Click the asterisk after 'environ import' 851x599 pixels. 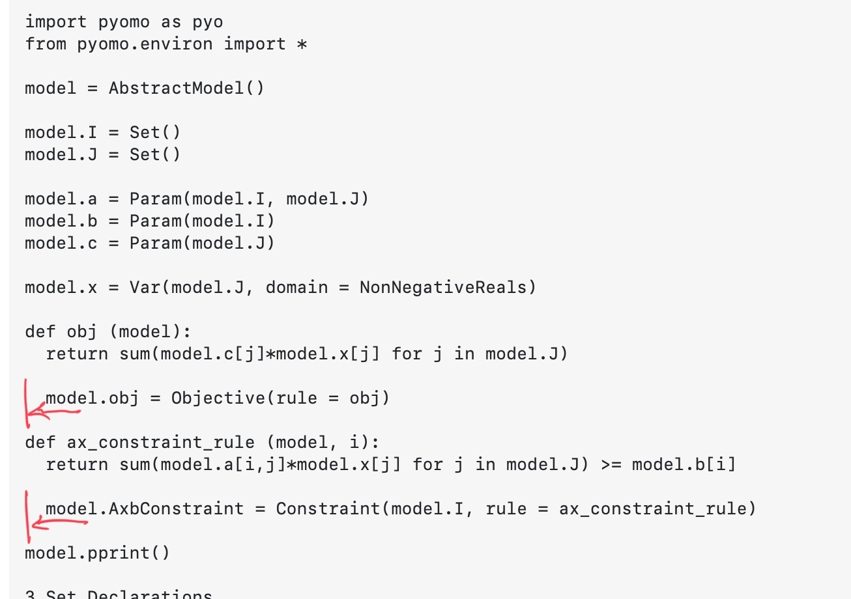tap(302, 45)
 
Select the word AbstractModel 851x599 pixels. tap(177, 88)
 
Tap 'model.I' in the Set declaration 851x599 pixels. tap(61, 132)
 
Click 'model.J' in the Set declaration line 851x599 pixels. tap(61, 154)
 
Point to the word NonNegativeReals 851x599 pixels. tap(443, 287)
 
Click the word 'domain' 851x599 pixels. tap(296, 287)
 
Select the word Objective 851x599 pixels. tap(218, 398)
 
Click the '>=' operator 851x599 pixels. tap(611, 465)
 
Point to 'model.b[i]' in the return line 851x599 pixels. tap(684, 465)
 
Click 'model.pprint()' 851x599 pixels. tap(97, 553)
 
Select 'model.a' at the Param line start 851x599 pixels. tap(61, 199)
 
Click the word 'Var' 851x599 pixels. tap(145, 287)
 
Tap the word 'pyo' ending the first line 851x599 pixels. tap(207, 22)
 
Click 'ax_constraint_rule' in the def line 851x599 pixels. tap(161, 443)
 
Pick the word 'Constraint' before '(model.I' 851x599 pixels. tap(328, 508)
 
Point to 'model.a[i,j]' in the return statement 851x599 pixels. tap(223, 465)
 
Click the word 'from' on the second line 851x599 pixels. tap(46, 44)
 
